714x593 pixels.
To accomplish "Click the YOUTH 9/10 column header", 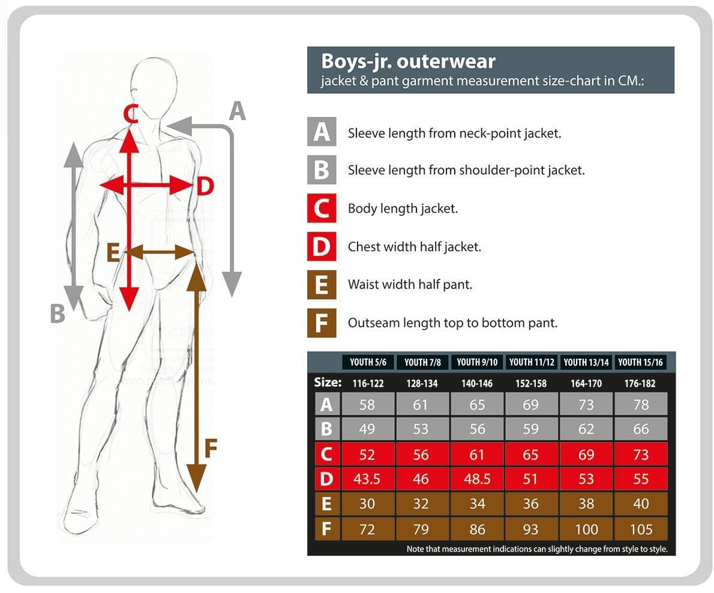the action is coord(477,362).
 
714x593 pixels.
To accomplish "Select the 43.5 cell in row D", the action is coord(367,479).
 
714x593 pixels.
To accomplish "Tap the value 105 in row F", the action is coord(641,529).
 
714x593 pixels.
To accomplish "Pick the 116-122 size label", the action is coord(368,383).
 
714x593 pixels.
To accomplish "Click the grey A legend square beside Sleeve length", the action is coord(322,132).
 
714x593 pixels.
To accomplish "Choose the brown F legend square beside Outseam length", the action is coord(322,323).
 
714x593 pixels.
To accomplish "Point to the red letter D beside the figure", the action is coord(205,186).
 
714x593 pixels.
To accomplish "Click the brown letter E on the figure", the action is coord(113,252).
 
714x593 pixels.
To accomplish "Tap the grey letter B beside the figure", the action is coord(58,314).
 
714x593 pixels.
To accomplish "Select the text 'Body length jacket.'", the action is coord(403,208).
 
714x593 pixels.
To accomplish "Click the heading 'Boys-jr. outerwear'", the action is coord(408,61).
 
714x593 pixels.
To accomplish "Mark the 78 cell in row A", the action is coord(641,404).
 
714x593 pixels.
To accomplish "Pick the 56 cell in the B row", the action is coord(477,428).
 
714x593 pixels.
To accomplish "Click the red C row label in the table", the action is coord(326,454).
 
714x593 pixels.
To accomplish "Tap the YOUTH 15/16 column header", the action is coord(640,362).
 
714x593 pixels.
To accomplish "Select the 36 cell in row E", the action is coord(531,503).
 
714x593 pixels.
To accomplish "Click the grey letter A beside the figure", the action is coord(237,111).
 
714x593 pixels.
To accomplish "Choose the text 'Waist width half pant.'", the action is coord(410,284).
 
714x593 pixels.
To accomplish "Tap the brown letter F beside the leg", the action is coord(211,448).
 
